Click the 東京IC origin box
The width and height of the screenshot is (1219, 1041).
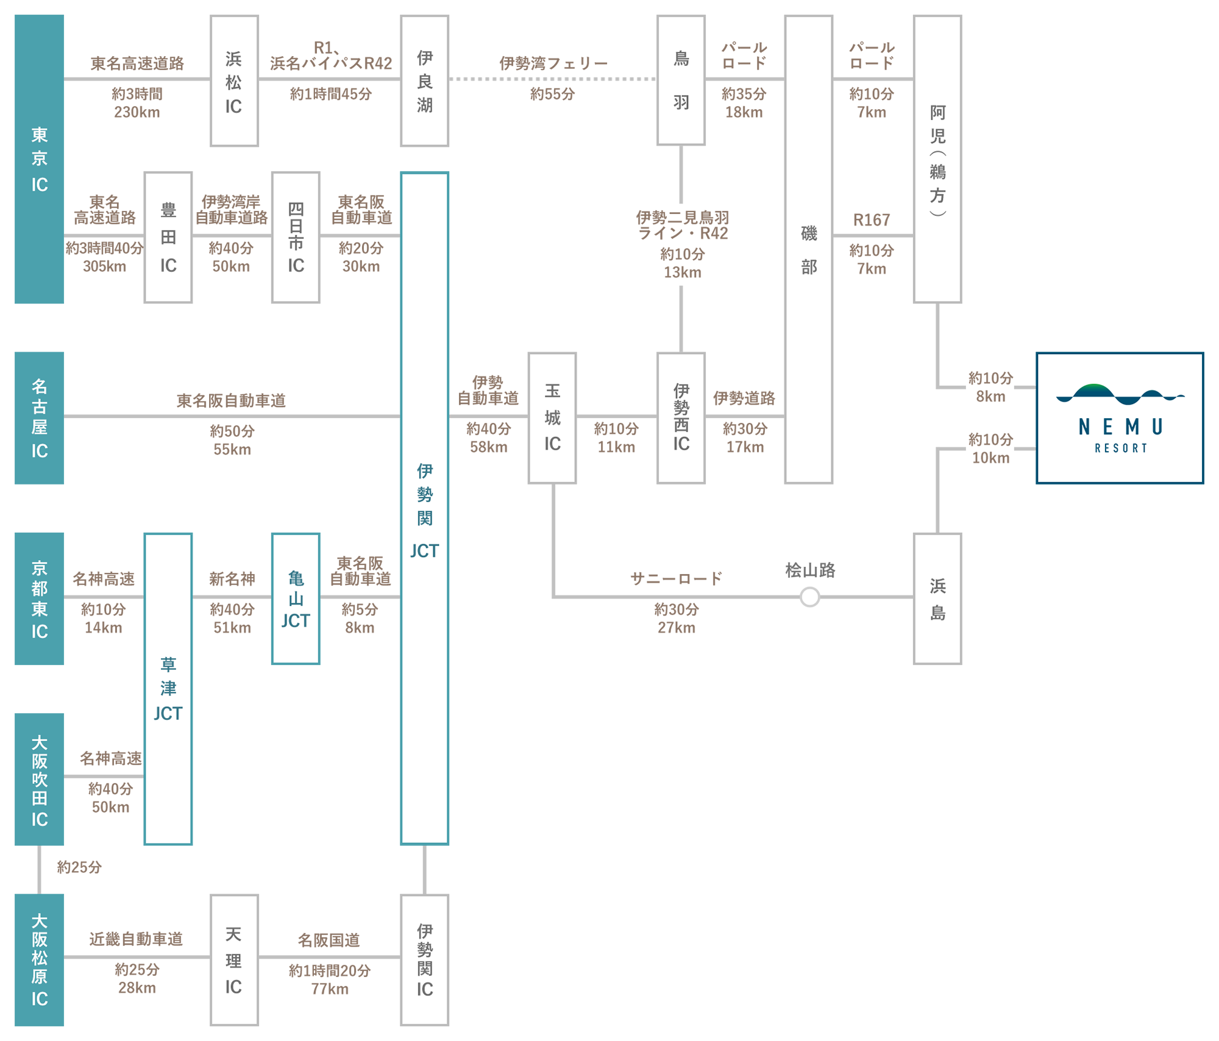(x=39, y=158)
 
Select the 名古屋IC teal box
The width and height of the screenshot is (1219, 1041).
(x=39, y=417)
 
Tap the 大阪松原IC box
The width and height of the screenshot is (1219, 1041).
(x=39, y=959)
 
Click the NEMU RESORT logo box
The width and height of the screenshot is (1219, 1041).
(x=1120, y=417)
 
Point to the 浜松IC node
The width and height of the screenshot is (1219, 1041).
(x=234, y=81)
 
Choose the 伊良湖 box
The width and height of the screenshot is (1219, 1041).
(x=424, y=81)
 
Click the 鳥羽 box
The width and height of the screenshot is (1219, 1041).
(x=681, y=80)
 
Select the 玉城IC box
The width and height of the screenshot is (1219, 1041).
(x=552, y=417)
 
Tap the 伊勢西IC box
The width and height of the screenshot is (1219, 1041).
(x=681, y=417)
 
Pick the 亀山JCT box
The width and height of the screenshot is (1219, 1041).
(x=296, y=598)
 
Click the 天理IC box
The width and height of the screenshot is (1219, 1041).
(x=234, y=959)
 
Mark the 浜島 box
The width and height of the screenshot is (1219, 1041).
(x=937, y=598)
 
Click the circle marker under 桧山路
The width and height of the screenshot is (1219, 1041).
(x=809, y=597)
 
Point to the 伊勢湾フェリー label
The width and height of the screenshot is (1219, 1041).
(x=553, y=63)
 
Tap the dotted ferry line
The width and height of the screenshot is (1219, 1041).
(x=552, y=79)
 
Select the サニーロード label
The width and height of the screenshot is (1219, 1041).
(x=676, y=578)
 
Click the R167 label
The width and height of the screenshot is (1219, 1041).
(x=871, y=220)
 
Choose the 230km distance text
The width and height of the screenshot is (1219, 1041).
(x=137, y=112)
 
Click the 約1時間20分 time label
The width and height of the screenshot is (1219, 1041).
(x=329, y=970)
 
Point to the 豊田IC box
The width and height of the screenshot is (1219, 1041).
(x=168, y=237)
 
